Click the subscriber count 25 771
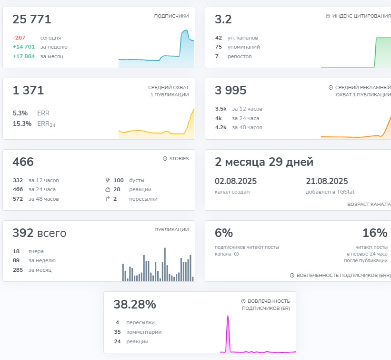(x=32, y=20)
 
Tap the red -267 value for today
(x=19, y=38)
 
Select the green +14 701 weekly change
(x=23, y=47)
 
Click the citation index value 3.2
(x=223, y=20)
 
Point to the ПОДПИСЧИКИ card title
(x=171, y=16)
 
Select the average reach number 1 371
(x=28, y=91)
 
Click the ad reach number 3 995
(x=231, y=91)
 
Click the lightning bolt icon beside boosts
(x=108, y=180)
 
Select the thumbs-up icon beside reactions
(x=108, y=190)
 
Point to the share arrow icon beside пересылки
(x=108, y=199)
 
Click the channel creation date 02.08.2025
(x=235, y=181)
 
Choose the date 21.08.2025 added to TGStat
(x=327, y=181)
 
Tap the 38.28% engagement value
(x=135, y=305)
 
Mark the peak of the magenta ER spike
(x=228, y=316)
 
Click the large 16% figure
(x=375, y=233)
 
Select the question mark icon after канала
(x=236, y=254)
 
